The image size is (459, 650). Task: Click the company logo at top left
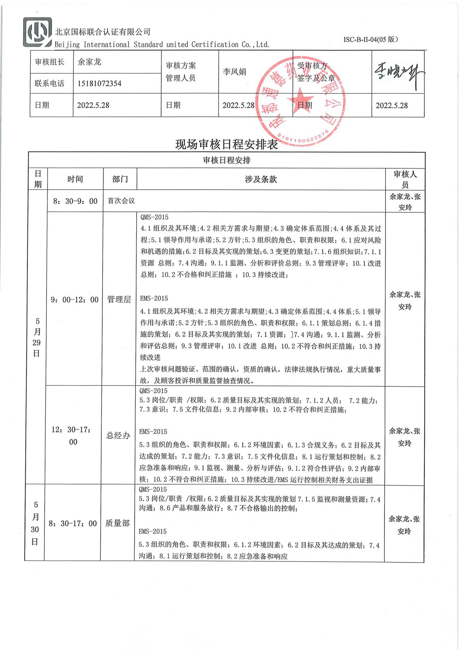37,32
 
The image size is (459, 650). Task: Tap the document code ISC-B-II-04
370,39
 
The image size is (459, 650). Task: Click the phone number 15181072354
99,83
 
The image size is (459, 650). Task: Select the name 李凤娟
235,72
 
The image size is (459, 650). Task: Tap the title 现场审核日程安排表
227,144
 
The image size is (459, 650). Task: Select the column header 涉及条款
261,179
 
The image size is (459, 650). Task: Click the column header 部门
120,179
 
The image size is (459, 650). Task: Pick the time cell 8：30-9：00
75,201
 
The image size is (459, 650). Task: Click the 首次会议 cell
121,201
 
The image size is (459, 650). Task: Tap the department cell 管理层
119,299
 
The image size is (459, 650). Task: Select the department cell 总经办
118,436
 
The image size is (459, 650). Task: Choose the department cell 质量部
118,523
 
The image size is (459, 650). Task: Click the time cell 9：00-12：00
75,299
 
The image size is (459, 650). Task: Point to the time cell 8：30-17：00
73,524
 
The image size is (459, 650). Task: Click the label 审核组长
50,62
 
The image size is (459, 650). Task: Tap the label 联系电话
50,83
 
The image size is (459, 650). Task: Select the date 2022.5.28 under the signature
392,106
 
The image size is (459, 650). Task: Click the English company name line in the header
162,44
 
